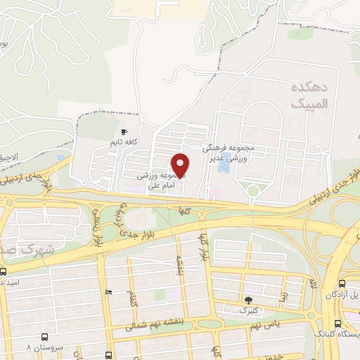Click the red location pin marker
click(x=180, y=165)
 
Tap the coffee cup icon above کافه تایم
click(x=124, y=131)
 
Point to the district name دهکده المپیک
click(x=307, y=94)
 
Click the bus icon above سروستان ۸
click(x=44, y=337)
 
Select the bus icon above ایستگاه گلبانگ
click(x=339, y=323)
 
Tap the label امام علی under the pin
click(x=155, y=187)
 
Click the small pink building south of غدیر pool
click(x=215, y=193)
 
